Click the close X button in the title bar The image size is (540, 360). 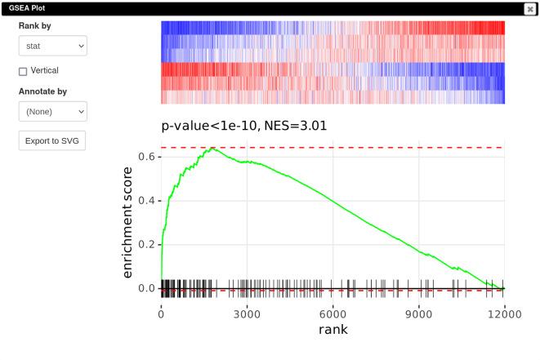(530, 8)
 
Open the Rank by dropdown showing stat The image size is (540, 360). (52, 47)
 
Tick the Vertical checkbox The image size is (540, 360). (23, 71)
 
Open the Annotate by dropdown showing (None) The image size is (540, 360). (52, 111)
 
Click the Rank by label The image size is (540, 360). (36, 26)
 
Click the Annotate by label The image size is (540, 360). (42, 91)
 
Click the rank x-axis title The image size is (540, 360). (333, 330)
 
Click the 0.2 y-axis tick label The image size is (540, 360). (145, 245)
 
